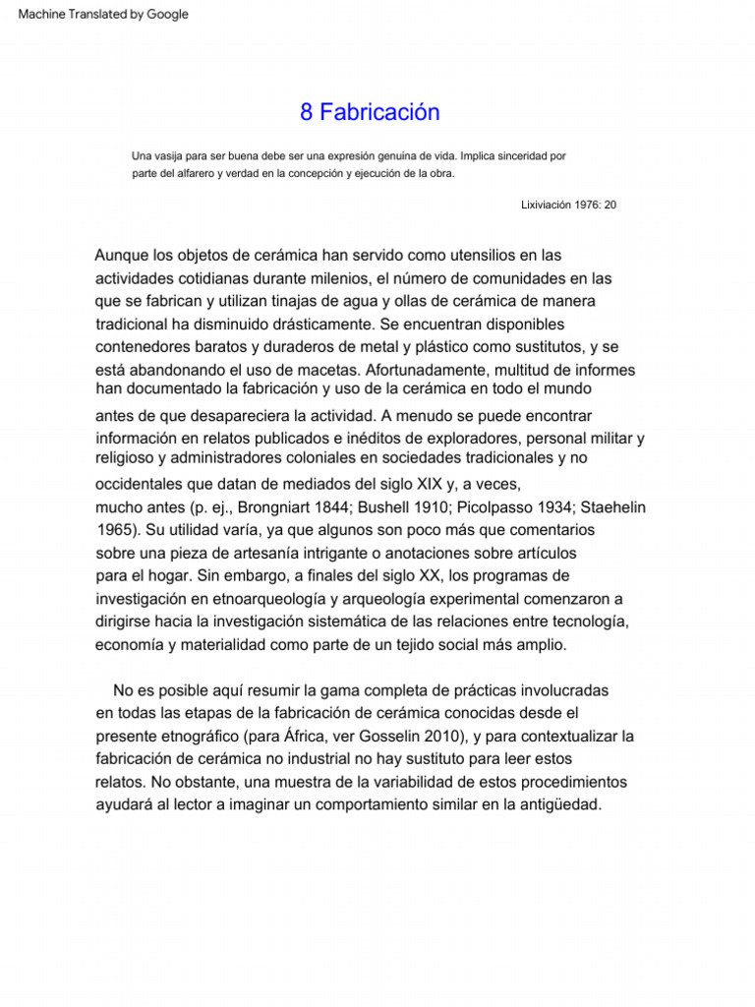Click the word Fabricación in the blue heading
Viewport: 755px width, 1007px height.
coord(379,113)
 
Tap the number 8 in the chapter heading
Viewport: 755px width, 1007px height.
coord(306,113)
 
